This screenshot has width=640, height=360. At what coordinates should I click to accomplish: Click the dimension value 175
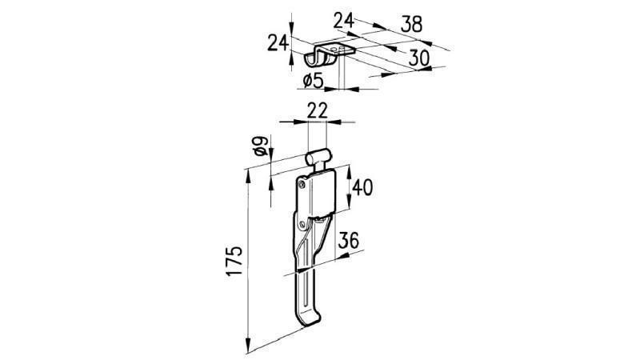tap(234, 262)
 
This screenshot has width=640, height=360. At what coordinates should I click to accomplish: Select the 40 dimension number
tap(362, 188)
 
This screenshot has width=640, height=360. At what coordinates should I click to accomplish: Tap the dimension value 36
tap(349, 240)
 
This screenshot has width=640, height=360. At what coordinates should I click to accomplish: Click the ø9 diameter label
tap(258, 146)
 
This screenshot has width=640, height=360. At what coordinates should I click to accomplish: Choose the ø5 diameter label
tap(314, 80)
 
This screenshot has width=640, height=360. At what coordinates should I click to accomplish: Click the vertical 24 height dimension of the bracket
tap(277, 42)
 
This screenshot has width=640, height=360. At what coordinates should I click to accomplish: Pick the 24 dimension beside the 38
tap(344, 22)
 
